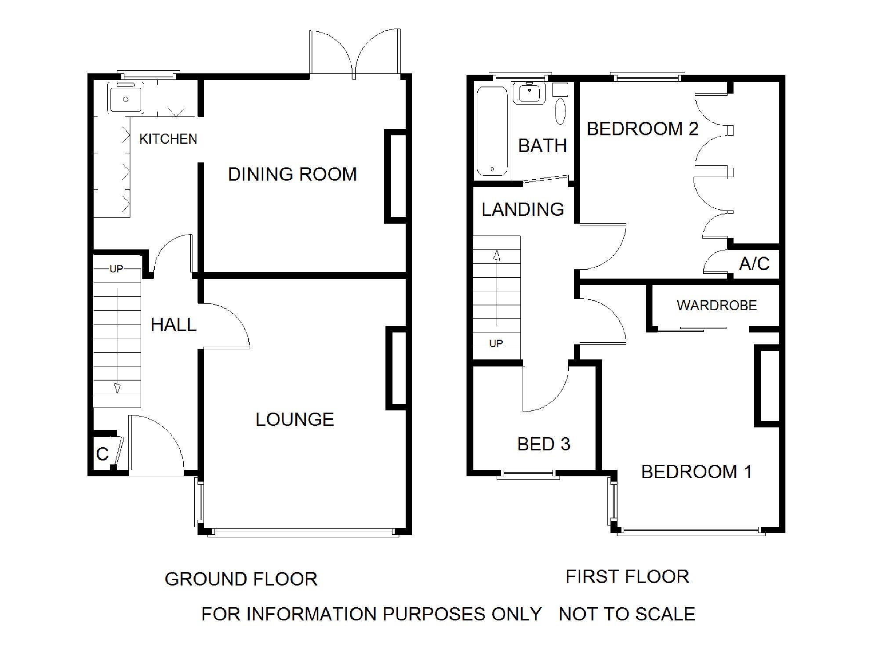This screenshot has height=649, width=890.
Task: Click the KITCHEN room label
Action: [168, 139]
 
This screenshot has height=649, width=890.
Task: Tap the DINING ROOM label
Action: [292, 174]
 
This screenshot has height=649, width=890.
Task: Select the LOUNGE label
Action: [294, 419]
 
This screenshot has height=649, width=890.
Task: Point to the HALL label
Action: [174, 325]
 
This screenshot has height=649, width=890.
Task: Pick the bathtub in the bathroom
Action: [492, 131]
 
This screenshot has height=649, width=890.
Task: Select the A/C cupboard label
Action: [754, 264]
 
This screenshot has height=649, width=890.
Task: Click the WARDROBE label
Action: [717, 305]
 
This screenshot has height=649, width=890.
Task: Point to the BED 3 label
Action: [544, 444]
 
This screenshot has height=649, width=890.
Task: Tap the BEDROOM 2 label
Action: [643, 129]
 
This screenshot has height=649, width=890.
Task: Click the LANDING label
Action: [523, 209]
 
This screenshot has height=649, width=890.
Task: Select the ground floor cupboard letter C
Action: [102, 454]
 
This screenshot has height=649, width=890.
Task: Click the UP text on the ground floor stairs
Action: [116, 269]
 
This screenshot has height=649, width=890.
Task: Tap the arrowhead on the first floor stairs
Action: [497, 255]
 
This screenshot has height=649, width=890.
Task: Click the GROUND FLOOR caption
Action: [241, 579]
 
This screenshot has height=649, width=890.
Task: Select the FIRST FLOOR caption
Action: [628, 577]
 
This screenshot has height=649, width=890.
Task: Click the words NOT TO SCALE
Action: [627, 614]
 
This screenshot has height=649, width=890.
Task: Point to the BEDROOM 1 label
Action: [696, 471]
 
